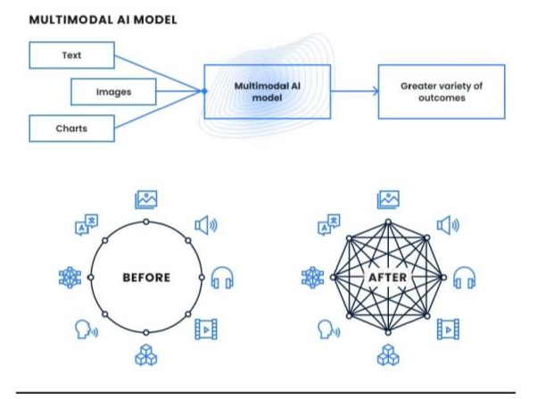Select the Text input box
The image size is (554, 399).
(71, 55)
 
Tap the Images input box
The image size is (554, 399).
(113, 91)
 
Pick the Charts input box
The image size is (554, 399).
(71, 129)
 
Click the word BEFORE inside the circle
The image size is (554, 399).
(145, 278)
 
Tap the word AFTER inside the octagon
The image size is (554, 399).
(387, 278)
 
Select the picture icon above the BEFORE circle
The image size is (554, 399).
(145, 198)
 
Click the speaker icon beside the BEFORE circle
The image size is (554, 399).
(204, 225)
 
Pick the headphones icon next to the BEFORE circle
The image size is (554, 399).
(222, 278)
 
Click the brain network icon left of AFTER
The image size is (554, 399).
(311, 278)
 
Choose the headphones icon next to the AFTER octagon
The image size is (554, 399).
(464, 278)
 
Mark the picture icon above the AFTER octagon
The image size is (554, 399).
(387, 198)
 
